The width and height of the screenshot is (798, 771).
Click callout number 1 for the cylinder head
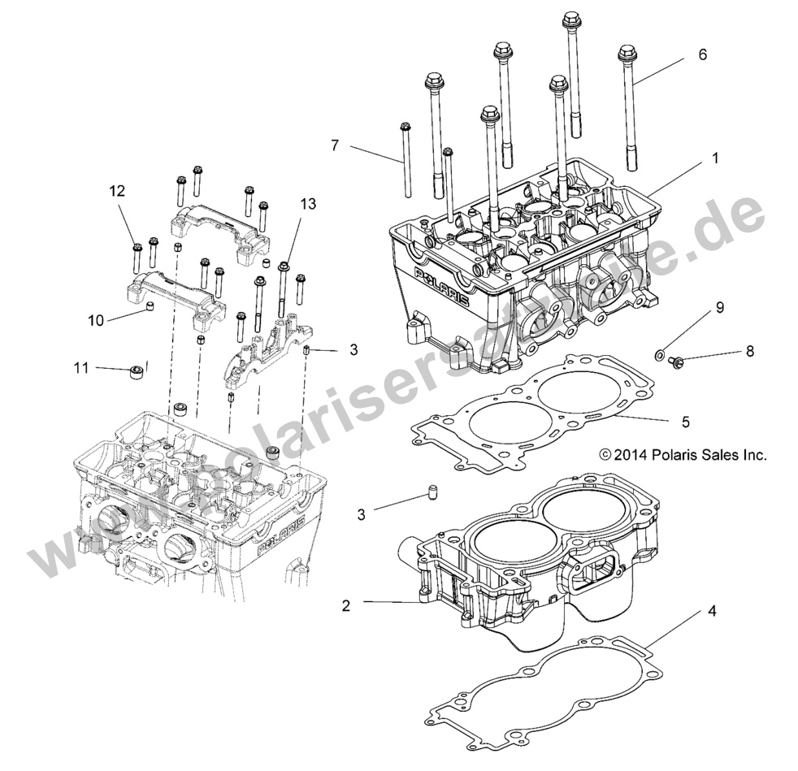pos(714,159)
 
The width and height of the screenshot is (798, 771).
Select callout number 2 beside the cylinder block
pos(345,604)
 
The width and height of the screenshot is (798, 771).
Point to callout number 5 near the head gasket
pos(685,422)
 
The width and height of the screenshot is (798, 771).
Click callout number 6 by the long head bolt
pos(702,55)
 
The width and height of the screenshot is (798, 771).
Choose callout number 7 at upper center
pos(335,145)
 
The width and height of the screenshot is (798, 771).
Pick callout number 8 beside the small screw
pos(726,351)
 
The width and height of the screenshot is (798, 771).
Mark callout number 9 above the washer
pos(719,308)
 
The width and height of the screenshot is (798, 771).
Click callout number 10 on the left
pos(95,320)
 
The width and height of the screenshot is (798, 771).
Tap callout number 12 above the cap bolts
pos(118,192)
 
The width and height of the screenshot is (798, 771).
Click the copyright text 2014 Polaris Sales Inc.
pos(683,456)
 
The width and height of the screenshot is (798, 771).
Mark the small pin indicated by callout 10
pos(150,306)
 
